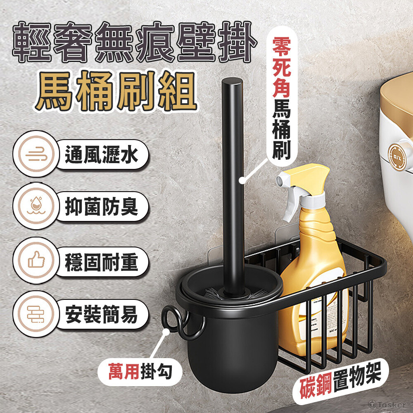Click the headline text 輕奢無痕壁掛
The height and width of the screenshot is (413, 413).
point(134,42)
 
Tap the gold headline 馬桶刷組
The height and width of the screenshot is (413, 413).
point(116,91)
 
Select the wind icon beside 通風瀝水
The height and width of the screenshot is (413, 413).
point(36,154)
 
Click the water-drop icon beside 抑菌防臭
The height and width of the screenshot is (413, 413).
point(36,206)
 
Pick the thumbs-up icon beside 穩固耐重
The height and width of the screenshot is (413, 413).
point(36,260)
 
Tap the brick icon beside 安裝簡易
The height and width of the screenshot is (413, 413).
point(36,314)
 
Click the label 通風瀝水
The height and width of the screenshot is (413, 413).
point(102,154)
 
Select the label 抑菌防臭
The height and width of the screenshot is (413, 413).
point(102,206)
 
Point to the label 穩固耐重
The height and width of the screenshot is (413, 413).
point(102,262)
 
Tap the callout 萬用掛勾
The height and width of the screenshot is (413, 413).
point(140,372)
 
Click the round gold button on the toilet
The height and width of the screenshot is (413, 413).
point(397,156)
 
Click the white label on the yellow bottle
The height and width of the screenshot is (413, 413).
point(327,316)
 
